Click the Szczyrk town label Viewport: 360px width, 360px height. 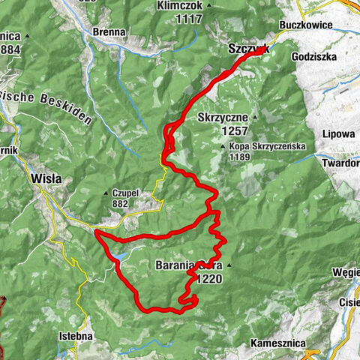pos(247,49)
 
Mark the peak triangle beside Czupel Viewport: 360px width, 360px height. pos(106,193)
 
